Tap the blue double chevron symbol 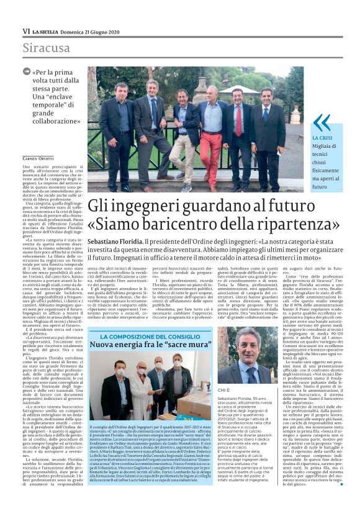pyautogui.click(x=321, y=124)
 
